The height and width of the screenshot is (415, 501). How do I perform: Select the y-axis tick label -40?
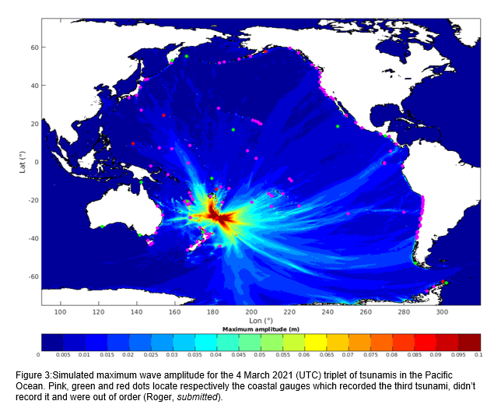coord(33,238)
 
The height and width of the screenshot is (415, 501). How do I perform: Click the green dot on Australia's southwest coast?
coord(102,227)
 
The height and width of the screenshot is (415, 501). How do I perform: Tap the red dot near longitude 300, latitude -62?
coord(442,281)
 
